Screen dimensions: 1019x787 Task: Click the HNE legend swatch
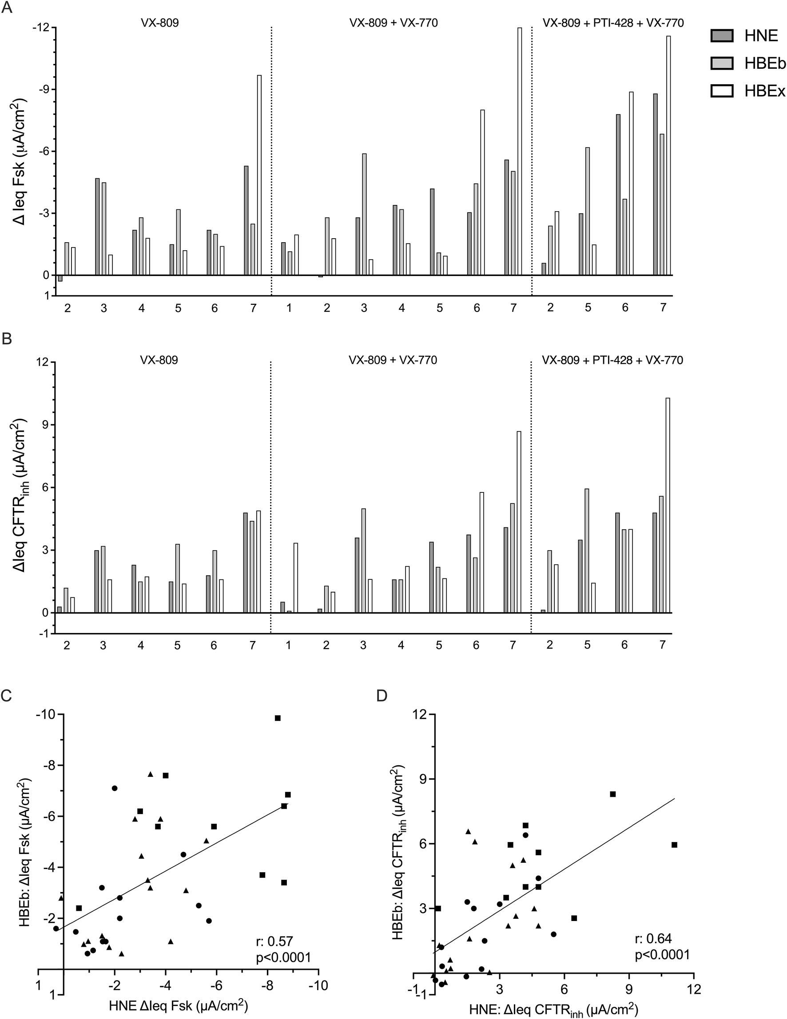(x=722, y=36)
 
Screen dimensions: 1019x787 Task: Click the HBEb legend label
(x=765, y=64)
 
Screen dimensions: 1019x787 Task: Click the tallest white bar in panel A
(x=520, y=151)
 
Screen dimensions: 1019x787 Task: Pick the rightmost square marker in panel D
(x=675, y=845)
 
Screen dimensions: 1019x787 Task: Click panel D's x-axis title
(x=538, y=1010)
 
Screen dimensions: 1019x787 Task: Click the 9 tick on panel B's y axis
(x=45, y=425)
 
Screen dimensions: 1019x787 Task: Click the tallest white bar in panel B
(x=668, y=505)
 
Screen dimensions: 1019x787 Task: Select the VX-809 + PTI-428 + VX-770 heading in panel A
(x=613, y=22)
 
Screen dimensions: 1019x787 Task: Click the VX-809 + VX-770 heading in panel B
(x=393, y=360)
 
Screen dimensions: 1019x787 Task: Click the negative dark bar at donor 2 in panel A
(x=60, y=279)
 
